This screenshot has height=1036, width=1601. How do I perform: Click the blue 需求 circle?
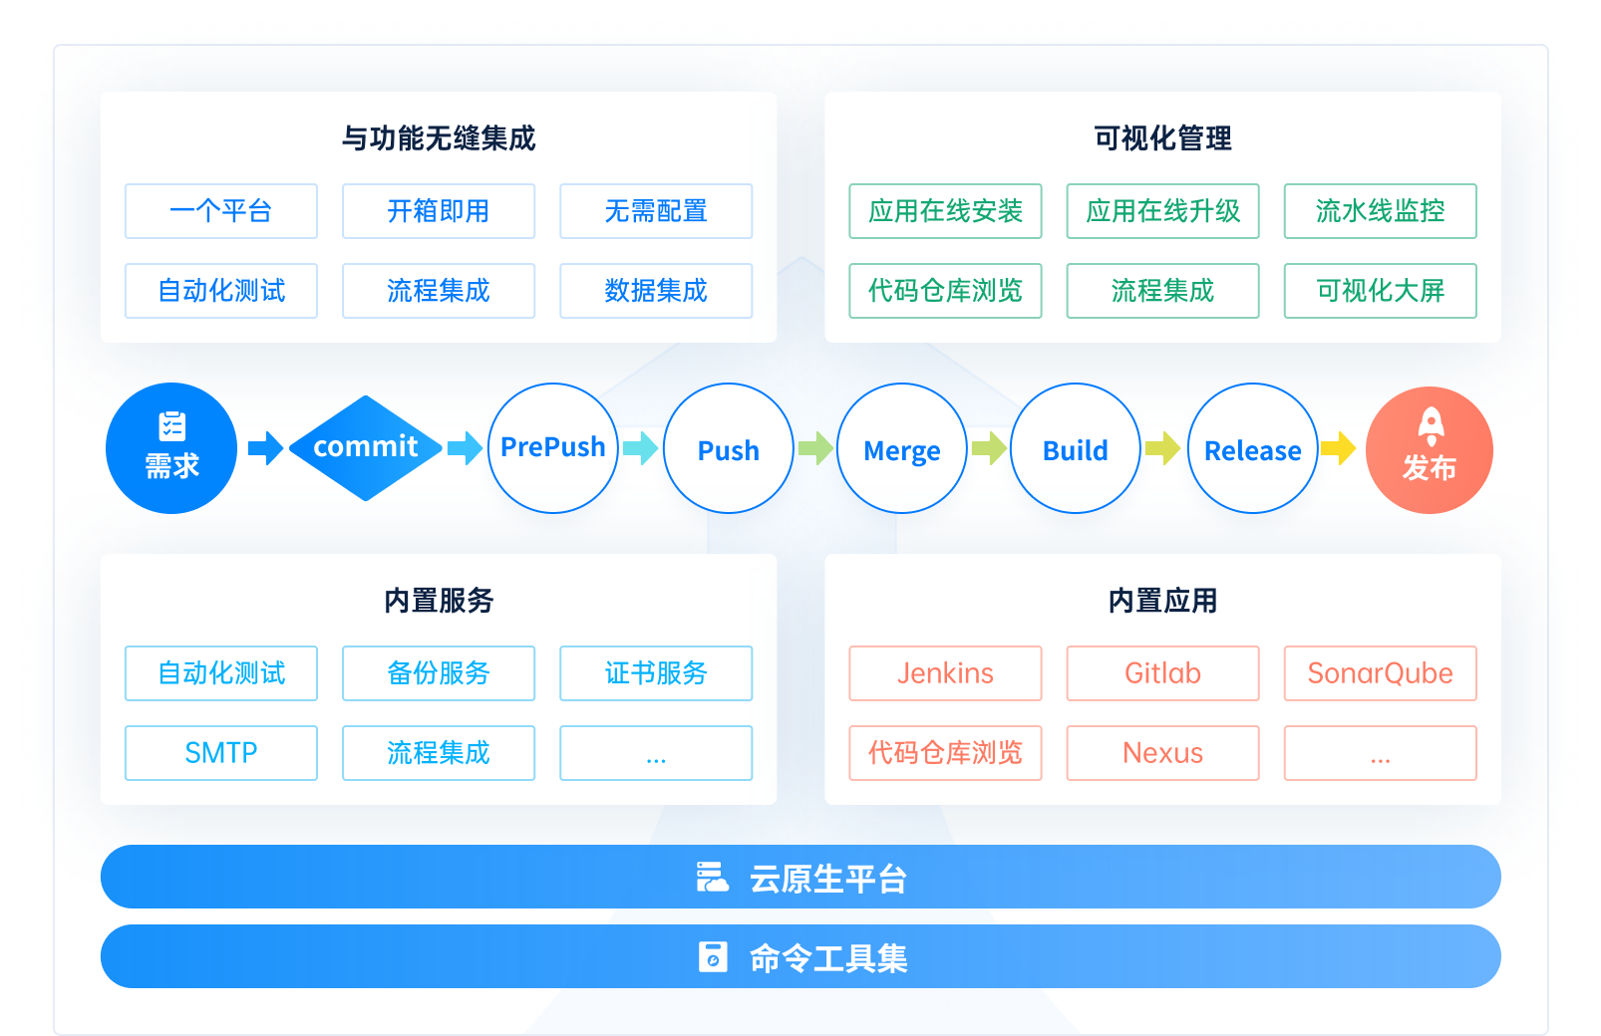point(171,448)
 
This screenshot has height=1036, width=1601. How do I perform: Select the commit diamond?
point(366,448)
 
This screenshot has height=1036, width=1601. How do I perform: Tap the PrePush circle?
point(553,448)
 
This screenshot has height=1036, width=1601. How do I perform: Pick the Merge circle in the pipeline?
point(902,448)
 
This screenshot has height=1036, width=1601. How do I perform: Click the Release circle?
point(1253,448)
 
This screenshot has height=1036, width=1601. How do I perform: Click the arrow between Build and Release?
point(1162,448)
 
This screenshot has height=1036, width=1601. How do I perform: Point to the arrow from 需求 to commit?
point(265,448)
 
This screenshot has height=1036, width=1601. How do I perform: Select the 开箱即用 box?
point(439,211)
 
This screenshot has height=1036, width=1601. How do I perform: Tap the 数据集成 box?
point(656,291)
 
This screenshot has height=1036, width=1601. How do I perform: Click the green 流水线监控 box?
point(1381,211)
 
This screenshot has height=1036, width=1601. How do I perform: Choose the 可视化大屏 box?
point(1381,291)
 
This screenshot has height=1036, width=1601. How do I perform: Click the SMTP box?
point(221,753)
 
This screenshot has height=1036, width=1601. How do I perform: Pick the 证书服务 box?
point(656,673)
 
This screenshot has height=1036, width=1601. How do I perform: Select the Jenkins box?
point(945,673)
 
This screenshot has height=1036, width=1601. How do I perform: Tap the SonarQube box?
point(1381,673)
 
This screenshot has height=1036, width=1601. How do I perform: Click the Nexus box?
point(1162,753)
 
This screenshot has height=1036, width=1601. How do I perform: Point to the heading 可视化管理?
point(1162,138)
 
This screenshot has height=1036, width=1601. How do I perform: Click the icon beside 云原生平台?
point(712,878)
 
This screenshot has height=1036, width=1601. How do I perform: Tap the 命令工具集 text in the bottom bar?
point(828,958)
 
